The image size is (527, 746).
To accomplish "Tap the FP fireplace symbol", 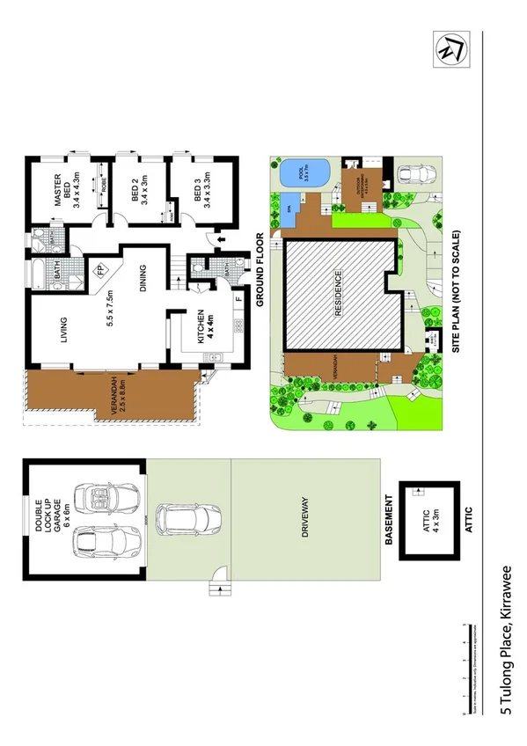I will [x=101, y=270].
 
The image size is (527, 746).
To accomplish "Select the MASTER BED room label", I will [x=70, y=189].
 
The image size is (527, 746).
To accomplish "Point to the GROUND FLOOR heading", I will [x=260, y=269].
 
